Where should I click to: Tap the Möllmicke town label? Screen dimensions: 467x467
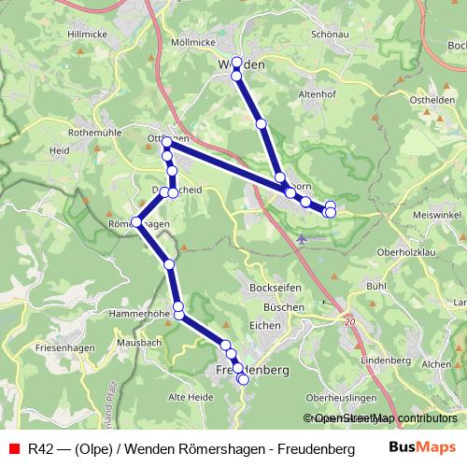point(193,42)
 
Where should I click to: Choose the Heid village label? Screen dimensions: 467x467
point(60,149)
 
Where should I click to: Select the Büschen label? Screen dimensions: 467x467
point(284,306)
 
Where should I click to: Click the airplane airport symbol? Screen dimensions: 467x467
point(301,238)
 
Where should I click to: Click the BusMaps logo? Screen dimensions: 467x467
point(422,448)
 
